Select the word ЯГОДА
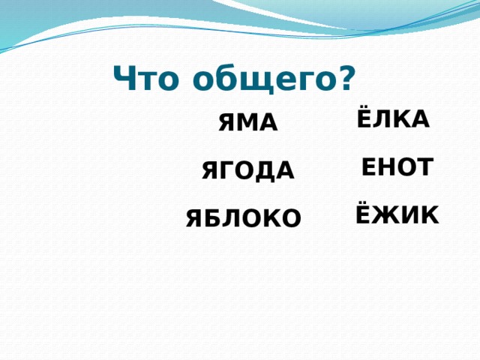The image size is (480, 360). (247, 172)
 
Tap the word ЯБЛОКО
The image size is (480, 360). (244, 218)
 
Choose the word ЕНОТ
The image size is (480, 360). (396, 167)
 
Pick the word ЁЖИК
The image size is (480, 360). (396, 215)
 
